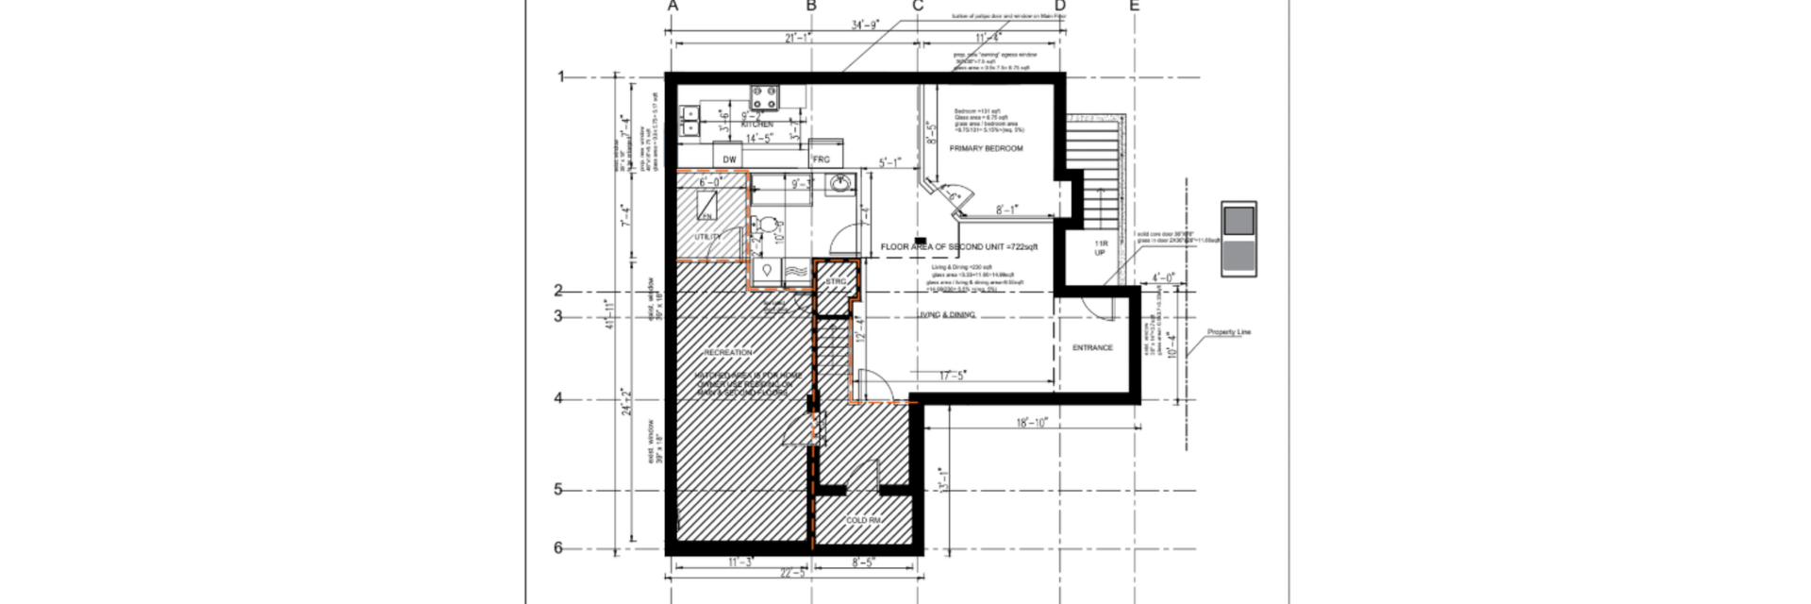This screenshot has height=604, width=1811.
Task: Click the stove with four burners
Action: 765,97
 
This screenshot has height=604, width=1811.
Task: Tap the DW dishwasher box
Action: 729,159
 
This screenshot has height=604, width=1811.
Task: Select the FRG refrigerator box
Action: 822,159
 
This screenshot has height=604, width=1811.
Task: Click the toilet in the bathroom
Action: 770,226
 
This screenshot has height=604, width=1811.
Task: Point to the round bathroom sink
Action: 839,184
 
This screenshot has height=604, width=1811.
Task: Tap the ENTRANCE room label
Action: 1092,348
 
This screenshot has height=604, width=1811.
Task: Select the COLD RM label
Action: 863,521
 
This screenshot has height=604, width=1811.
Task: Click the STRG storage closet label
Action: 836,282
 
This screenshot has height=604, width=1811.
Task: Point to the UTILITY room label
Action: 708,237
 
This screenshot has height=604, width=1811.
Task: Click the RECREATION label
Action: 728,353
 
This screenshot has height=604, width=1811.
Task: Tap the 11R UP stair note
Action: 1100,248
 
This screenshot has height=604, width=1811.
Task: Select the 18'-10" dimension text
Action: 1032,423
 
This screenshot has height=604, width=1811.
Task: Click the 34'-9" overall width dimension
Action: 865,25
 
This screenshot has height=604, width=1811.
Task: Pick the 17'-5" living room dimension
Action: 952,376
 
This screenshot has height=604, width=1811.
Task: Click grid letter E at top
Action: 1135,7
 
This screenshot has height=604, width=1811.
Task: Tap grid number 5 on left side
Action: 557,490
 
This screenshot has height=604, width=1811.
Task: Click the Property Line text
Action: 1229,332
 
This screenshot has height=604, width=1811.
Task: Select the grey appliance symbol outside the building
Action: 1238,239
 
